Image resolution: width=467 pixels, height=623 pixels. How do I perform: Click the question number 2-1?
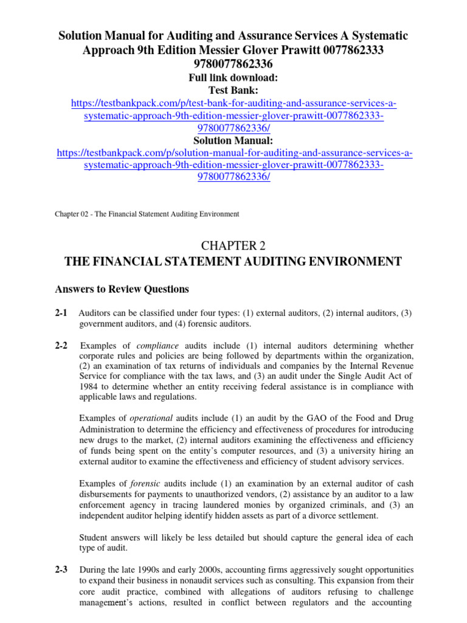[x=60, y=313]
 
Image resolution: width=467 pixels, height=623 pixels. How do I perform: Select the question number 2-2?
[x=60, y=346]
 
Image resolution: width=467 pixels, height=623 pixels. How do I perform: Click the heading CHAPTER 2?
[x=233, y=245]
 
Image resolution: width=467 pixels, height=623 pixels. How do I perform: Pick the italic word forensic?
[x=145, y=484]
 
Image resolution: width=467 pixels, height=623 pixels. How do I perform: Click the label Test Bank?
[x=233, y=90]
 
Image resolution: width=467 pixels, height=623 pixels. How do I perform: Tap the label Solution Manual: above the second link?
[x=233, y=141]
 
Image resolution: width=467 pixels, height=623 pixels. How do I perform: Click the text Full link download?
[x=233, y=78]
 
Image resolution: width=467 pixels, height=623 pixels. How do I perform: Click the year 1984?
[x=89, y=387]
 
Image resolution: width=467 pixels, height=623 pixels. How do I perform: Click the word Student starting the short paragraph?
[x=95, y=538]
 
